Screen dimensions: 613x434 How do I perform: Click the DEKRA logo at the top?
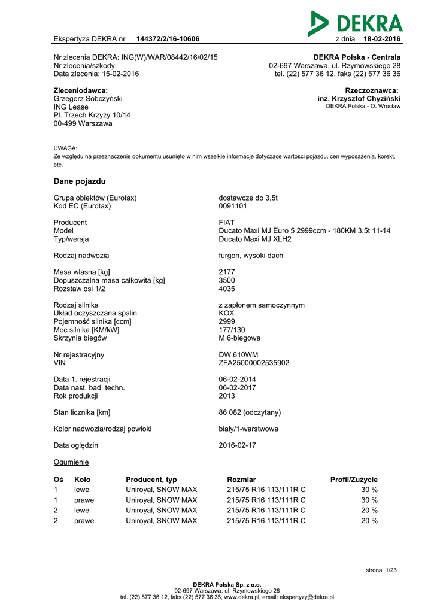(x=355, y=23)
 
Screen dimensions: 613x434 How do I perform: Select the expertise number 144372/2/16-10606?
(x=168, y=40)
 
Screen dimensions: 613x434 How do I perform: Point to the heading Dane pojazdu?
(x=80, y=181)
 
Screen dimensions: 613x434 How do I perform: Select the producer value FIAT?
(x=227, y=223)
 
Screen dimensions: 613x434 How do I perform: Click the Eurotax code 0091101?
(x=233, y=206)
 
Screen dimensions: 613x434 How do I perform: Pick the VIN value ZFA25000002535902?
(x=254, y=363)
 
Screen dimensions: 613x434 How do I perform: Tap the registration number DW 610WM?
(x=238, y=354)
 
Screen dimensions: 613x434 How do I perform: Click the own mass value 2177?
(x=227, y=272)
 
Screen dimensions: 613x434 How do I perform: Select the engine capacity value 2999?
(x=227, y=321)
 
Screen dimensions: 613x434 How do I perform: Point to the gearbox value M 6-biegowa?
(x=239, y=338)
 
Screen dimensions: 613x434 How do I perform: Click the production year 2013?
(x=227, y=396)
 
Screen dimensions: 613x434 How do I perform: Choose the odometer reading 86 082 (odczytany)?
(x=250, y=412)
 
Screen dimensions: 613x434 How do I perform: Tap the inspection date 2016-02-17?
(x=238, y=445)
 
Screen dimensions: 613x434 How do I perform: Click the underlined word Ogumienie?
(x=71, y=462)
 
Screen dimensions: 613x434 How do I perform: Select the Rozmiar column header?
(x=241, y=480)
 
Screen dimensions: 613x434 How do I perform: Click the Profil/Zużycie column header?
(x=354, y=480)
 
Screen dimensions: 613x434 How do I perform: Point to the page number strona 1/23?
(x=381, y=570)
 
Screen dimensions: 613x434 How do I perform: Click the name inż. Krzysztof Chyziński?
(x=359, y=99)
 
